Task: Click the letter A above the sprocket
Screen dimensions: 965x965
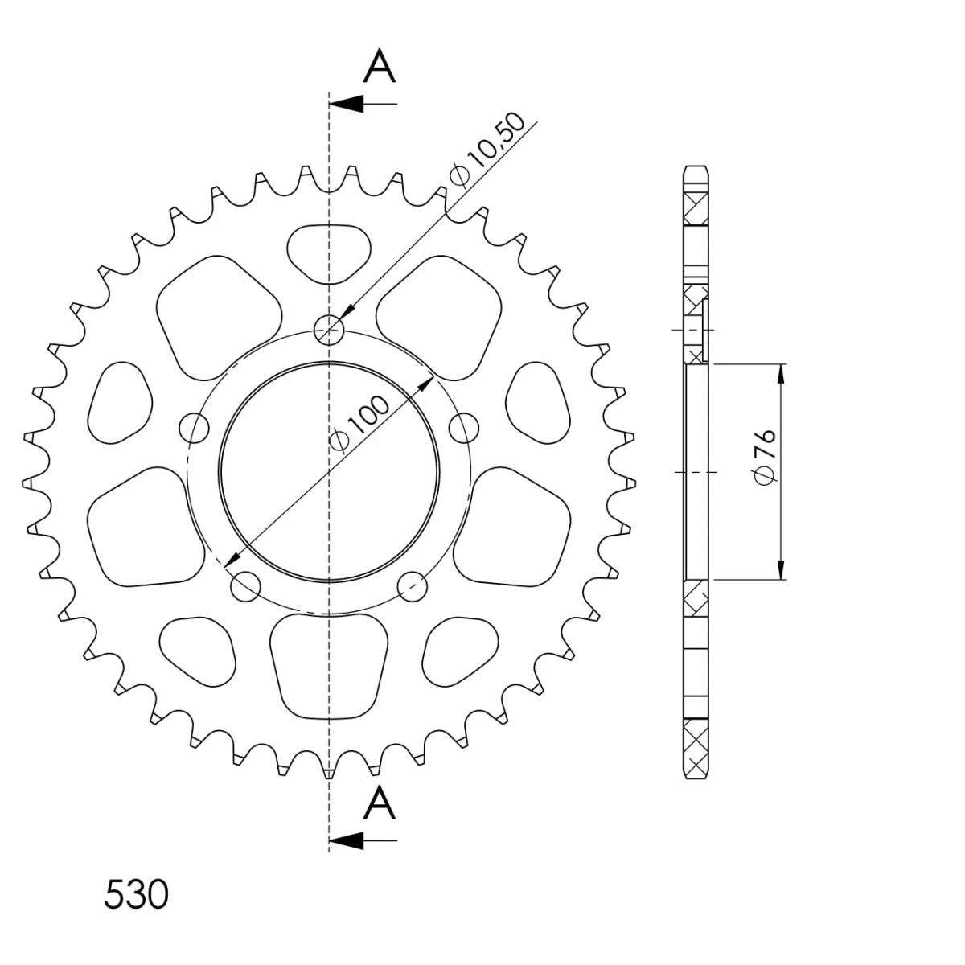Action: [x=379, y=66]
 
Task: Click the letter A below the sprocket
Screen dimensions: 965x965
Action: [x=379, y=803]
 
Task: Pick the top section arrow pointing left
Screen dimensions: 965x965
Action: [x=363, y=104]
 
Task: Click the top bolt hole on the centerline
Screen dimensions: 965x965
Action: [x=329, y=330]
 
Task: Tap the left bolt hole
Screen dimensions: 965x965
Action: [x=194, y=428]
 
